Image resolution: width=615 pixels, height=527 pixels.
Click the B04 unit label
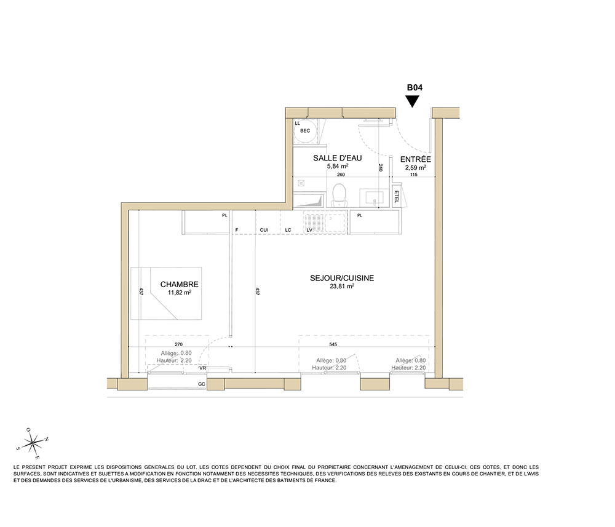pyautogui.click(x=414, y=88)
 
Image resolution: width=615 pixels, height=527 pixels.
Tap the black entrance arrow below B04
pyautogui.click(x=412, y=101)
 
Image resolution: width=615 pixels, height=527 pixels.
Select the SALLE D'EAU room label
pyautogui.click(x=337, y=158)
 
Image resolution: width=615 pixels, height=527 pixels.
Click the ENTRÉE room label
pyautogui.click(x=415, y=159)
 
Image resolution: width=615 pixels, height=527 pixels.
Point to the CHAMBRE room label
pyautogui.click(x=179, y=284)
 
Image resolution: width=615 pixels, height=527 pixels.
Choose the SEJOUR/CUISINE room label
pyautogui.click(x=342, y=278)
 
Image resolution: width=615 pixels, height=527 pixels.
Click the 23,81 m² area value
pyautogui.click(x=342, y=286)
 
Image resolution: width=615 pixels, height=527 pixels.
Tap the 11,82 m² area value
pyautogui.click(x=179, y=293)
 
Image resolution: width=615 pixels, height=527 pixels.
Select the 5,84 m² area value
pyautogui.click(x=337, y=166)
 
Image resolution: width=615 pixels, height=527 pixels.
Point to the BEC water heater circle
pyautogui.click(x=305, y=130)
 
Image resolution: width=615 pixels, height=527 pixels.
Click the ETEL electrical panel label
pyautogui.click(x=396, y=196)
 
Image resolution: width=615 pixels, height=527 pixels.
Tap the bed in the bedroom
pyautogui.click(x=166, y=293)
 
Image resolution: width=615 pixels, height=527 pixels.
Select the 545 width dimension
pyautogui.click(x=333, y=344)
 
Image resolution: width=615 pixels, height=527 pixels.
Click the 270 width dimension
pyautogui.click(x=178, y=344)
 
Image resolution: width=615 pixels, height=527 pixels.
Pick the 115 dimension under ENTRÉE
pyautogui.click(x=414, y=175)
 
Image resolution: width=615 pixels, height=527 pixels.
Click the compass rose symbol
pyautogui.click(x=33, y=443)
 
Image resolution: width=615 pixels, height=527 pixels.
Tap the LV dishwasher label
pyautogui.click(x=309, y=230)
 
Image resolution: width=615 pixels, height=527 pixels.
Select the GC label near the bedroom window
pyautogui.click(x=201, y=384)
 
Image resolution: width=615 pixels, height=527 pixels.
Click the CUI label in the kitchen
pyautogui.click(x=264, y=230)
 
